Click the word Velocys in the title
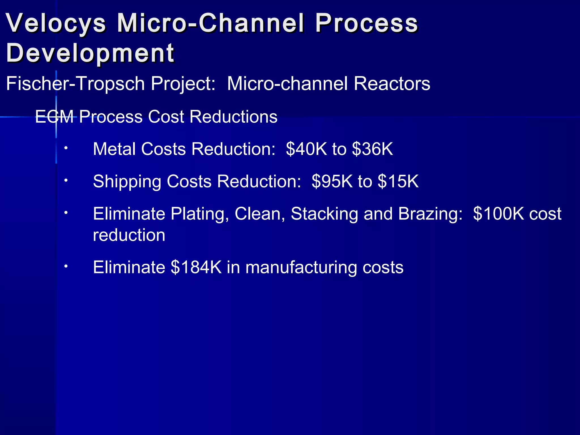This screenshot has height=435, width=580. [x=56, y=23]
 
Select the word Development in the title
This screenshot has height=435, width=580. [x=90, y=53]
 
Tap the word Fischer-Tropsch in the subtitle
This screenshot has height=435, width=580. [x=75, y=84]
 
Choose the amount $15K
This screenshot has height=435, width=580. [x=398, y=181]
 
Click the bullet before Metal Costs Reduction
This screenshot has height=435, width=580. [x=66, y=148]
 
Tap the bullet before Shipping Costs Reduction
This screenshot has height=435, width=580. [x=66, y=180]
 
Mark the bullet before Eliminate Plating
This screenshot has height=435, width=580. [x=66, y=212]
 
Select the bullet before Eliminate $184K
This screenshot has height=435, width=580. [x=66, y=266]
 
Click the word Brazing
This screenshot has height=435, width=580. [x=430, y=214]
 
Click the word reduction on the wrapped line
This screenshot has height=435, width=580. [x=129, y=235]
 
